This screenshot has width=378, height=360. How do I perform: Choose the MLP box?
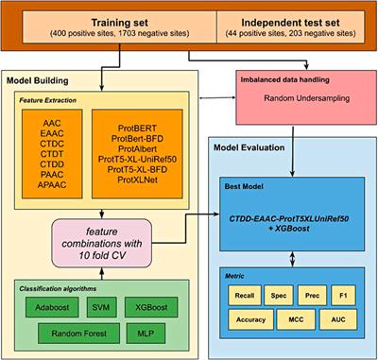coord(142,333)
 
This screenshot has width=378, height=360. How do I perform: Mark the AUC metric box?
coord(340,319)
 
